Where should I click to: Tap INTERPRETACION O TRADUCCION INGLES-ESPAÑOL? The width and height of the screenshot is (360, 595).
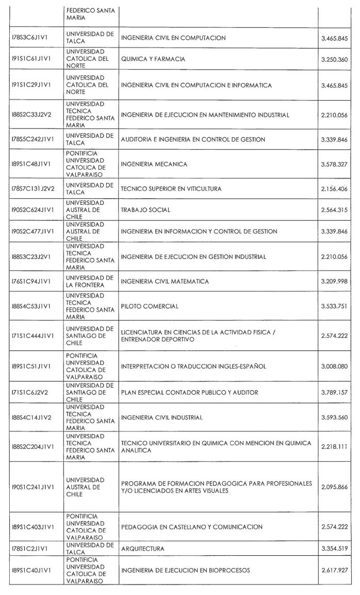193,367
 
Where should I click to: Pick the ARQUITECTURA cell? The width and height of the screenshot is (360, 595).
143,549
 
